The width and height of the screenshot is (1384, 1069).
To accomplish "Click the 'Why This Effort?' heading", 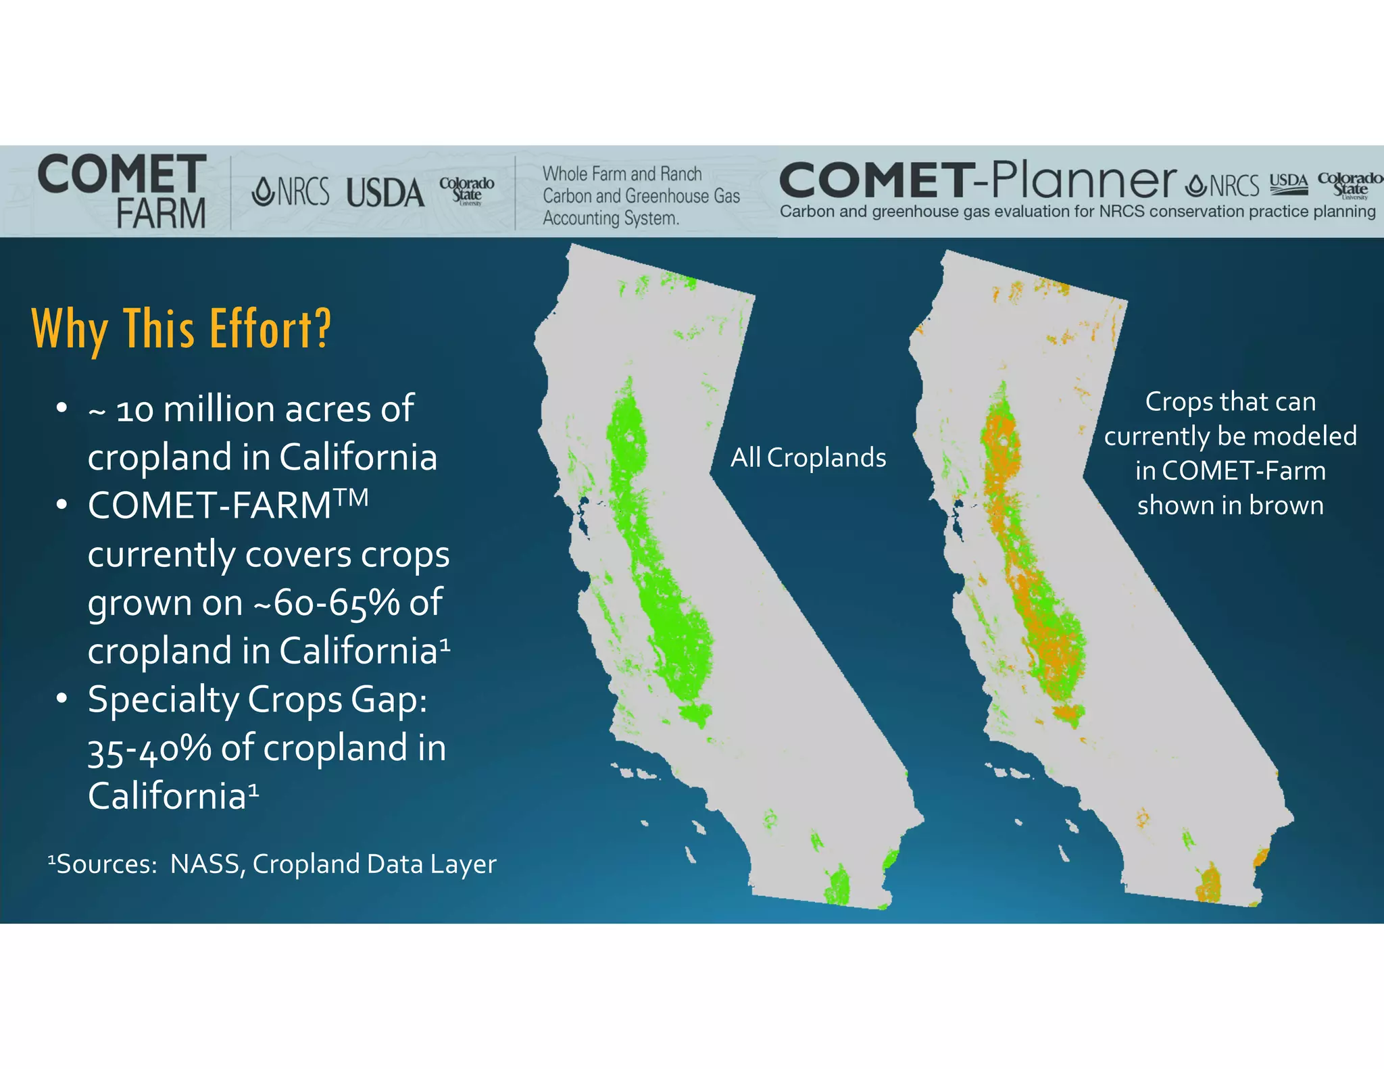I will tap(181, 329).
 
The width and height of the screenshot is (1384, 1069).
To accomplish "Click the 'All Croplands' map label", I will tap(808, 458).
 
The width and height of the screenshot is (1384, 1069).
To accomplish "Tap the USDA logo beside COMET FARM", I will tap(385, 193).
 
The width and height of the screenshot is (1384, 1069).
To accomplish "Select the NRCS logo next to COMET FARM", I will tap(291, 192).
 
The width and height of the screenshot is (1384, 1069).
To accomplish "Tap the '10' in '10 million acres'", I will tap(134, 410).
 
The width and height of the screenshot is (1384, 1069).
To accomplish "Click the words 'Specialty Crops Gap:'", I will tap(257, 699).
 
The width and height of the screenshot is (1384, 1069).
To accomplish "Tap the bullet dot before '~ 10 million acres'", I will tap(61, 408).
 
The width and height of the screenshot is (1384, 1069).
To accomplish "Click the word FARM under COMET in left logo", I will tap(161, 214).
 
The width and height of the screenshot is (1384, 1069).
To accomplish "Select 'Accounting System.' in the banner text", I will tap(610, 218).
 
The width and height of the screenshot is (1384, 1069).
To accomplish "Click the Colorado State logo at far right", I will tap(1349, 184).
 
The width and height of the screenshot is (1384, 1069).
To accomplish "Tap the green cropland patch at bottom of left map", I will tap(838, 885).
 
